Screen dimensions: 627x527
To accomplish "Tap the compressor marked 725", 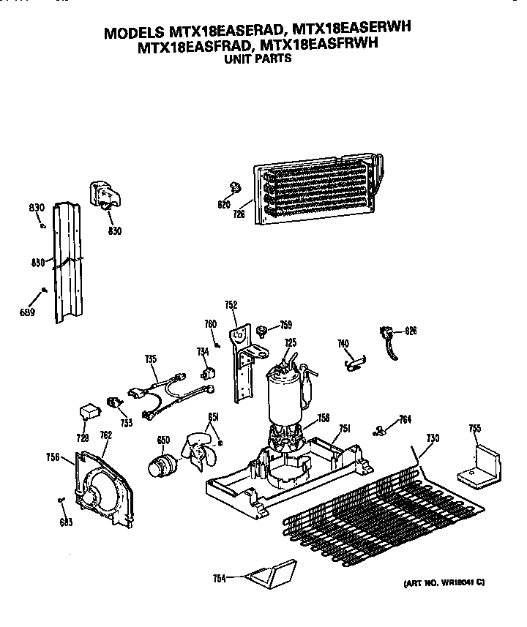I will (286, 396).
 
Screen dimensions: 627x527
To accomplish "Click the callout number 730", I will (433, 438).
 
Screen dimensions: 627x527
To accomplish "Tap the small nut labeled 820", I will (236, 184).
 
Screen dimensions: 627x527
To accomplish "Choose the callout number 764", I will (404, 419).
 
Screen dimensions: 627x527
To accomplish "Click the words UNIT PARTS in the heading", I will (257, 59).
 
